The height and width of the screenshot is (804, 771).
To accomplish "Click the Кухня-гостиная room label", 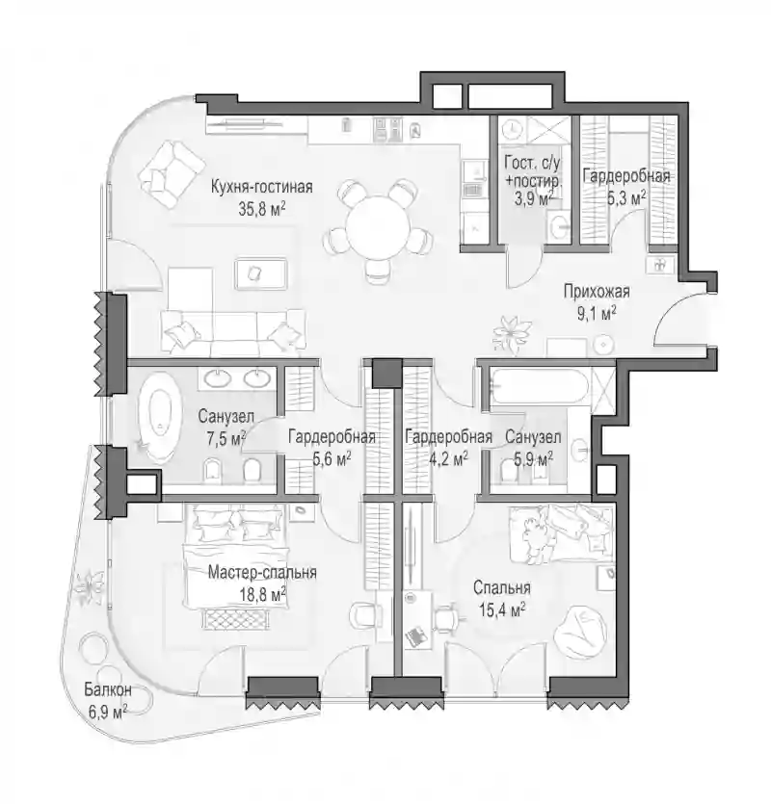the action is (262, 187).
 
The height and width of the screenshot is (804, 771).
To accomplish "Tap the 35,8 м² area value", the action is (262, 208).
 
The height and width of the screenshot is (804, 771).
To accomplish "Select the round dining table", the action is (378, 226).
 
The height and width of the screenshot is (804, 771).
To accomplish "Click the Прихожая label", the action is (597, 292).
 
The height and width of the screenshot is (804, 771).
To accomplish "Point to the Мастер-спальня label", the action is (262, 572).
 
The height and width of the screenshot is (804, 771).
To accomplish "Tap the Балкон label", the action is (108, 689).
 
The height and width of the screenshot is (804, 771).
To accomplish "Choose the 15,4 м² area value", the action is (502, 609).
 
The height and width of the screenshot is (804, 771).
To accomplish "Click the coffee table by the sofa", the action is (260, 273).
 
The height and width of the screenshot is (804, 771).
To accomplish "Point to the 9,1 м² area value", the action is (597, 313).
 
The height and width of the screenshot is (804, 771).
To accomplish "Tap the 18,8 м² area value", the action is (262, 594).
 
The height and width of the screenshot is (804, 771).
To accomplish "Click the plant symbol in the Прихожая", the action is (510, 333).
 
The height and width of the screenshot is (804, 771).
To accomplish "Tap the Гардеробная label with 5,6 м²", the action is (332, 437).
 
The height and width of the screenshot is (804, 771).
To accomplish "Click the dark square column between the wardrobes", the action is (386, 373).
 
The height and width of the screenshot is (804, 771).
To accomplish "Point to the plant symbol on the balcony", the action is (90, 586).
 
